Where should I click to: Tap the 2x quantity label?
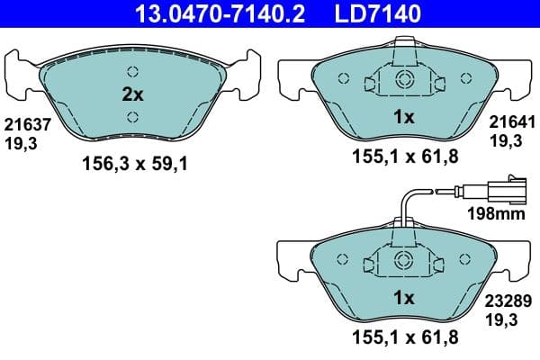coord(132,93)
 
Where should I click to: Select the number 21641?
coord(511,122)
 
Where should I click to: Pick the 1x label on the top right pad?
coord(403,116)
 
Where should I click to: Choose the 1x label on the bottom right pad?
coord(403,298)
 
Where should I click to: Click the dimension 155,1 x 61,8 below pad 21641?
coord(403,157)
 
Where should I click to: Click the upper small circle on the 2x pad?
coord(131,72)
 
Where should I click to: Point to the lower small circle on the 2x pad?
coord(131,115)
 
